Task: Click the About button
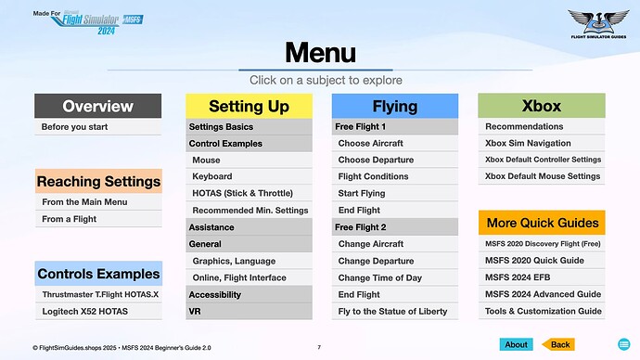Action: pos(516,344)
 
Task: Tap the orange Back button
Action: pos(558,344)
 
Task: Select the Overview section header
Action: pos(98,106)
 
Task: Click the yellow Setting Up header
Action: pos(249,106)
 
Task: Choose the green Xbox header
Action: pos(541,106)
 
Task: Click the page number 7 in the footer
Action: pos(319,347)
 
